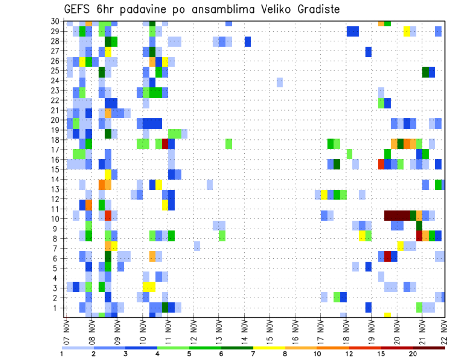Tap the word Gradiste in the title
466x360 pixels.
pos(314,9)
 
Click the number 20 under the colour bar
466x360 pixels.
pos(413,354)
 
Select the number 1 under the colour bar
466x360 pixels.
pos(62,354)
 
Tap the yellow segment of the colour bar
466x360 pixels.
pos(270,348)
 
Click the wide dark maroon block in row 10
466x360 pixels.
pos(397,215)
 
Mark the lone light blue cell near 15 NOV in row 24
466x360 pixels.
pos(280,82)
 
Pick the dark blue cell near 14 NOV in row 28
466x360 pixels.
pos(248,42)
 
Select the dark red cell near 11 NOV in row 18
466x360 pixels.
pos(165,144)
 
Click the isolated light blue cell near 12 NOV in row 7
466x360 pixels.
pos(197,246)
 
